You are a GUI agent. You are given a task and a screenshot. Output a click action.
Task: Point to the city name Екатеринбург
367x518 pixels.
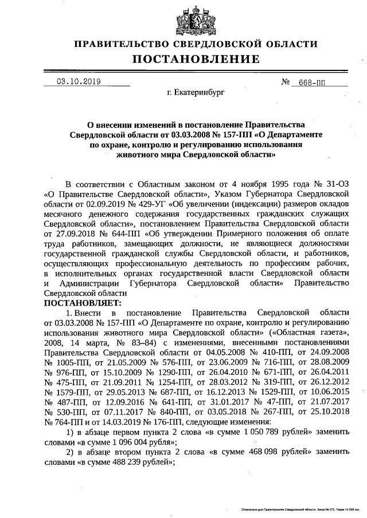pyautogui.click(x=196, y=92)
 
